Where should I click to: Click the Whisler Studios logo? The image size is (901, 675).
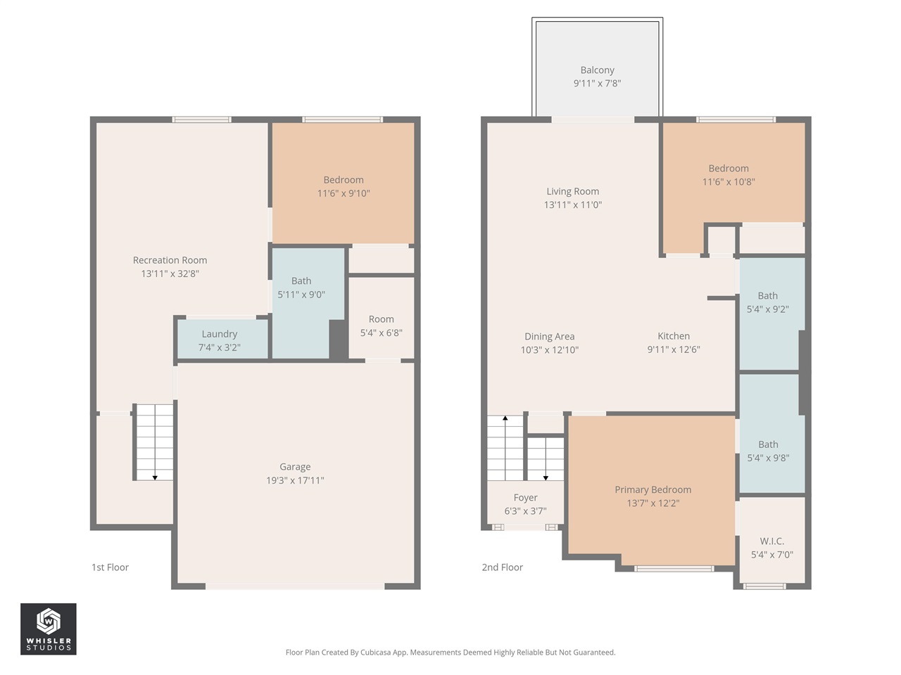48,629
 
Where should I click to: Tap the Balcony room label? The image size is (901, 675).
597,70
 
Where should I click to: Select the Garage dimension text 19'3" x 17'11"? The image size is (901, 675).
295,480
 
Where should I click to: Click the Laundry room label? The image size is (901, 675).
219,334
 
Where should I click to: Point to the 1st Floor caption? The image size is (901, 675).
110,567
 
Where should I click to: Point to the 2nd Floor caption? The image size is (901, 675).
502,567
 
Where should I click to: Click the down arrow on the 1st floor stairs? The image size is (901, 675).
155,477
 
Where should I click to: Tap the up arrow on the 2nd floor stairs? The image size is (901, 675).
505,419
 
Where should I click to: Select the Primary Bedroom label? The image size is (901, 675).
653,489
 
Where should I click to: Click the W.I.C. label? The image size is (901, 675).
771,541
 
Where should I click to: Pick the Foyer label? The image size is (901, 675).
525,498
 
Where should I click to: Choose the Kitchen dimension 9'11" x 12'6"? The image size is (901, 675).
674,349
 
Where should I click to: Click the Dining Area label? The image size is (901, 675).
549,337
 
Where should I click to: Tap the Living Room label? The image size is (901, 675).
572,191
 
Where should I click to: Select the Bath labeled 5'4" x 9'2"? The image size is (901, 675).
767,302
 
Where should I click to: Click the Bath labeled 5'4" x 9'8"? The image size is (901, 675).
768,451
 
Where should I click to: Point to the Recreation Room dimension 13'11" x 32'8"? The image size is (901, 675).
170,274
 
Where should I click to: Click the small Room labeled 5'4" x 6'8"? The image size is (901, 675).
381,326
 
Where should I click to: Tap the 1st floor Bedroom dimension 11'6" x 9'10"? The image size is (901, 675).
344,193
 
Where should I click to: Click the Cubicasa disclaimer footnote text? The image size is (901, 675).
450,652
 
